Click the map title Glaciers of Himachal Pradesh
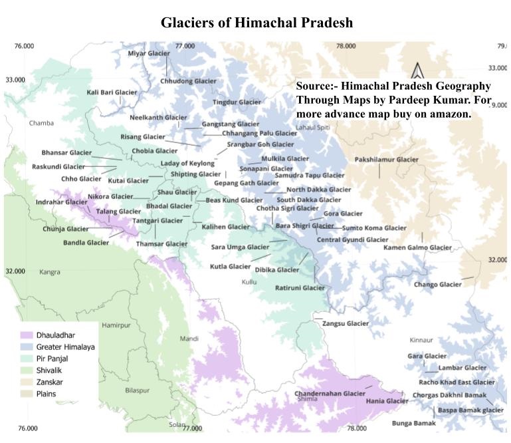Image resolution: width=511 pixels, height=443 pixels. coord(256,23)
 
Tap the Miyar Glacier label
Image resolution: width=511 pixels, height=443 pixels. coord(149,53)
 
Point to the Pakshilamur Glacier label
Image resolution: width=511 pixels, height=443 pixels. coord(386,160)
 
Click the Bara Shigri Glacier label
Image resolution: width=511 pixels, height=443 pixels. coord(304,226)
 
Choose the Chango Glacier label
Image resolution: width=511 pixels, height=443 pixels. coord(437,285)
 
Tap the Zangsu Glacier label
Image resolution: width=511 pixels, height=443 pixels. coord(345,323)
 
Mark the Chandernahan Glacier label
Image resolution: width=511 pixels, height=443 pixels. coord(330,393)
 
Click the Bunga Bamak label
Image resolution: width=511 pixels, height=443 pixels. coord(413,423)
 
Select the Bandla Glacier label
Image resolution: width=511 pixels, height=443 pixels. coord(86,243)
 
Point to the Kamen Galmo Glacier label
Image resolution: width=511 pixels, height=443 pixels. coord(417,247)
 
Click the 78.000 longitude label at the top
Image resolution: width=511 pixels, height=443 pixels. coord(346,46)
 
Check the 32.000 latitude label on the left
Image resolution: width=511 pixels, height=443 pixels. coord(15,271)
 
